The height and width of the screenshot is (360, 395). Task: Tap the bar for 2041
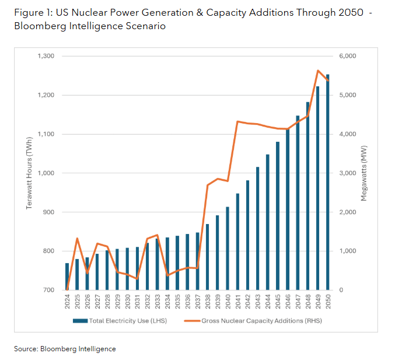tap(237, 242)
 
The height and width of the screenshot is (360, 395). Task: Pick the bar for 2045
tap(277, 216)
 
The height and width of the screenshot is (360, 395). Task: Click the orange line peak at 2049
tap(317, 71)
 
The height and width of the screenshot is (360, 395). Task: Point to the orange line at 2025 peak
tap(77, 238)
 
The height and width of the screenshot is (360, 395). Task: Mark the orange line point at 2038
tap(208, 185)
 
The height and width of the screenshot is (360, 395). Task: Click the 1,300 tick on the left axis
tap(45, 56)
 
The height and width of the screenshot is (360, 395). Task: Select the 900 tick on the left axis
tap(48, 212)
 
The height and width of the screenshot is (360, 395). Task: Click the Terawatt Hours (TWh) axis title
tap(28, 173)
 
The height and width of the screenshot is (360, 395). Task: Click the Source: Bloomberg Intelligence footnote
tap(65, 348)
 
